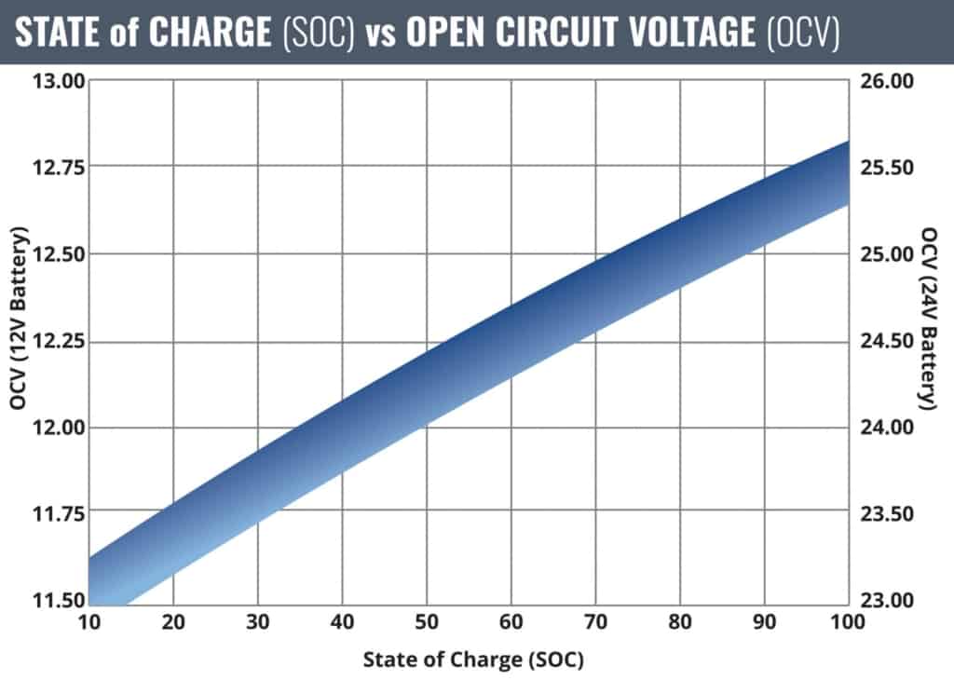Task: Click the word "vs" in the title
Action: click(x=383, y=34)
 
